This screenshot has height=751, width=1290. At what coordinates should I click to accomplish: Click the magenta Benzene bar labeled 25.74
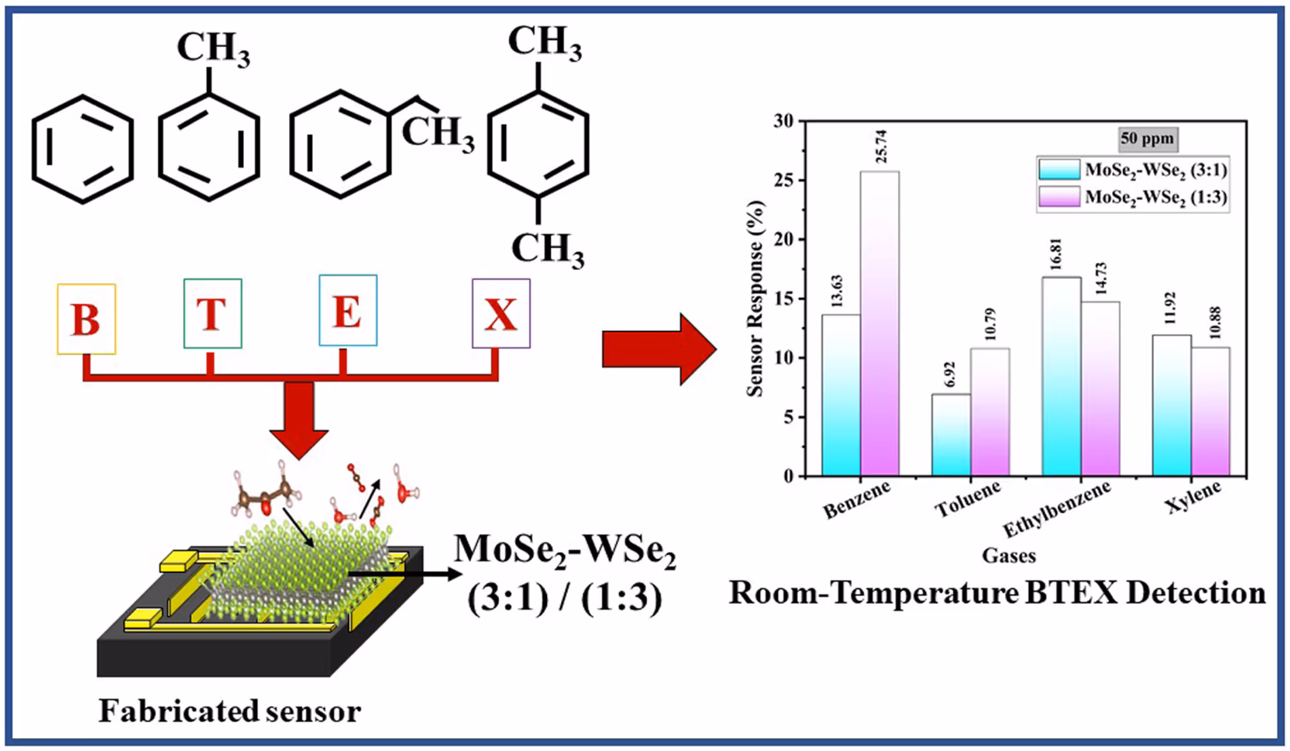click(x=879, y=322)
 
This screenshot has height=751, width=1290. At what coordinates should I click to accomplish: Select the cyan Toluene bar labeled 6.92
click(x=951, y=435)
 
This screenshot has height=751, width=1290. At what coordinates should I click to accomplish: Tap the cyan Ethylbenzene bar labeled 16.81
click(x=1061, y=377)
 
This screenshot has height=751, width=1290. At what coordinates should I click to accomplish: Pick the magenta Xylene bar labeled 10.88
click(x=1211, y=413)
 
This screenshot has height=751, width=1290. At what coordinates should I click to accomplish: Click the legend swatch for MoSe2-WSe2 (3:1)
click(x=1059, y=170)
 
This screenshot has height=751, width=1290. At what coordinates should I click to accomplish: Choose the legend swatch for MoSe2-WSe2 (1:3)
click(x=1059, y=197)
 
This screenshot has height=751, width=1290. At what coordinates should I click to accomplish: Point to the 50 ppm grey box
click(x=1147, y=139)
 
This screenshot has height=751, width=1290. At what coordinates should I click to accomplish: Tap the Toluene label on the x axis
click(x=967, y=500)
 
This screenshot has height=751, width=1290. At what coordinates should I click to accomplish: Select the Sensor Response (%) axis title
click(x=755, y=298)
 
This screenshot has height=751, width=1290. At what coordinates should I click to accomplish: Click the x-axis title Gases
click(x=1009, y=556)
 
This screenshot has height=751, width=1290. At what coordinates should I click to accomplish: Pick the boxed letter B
click(x=86, y=319)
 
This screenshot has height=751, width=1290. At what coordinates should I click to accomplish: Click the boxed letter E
click(x=348, y=311)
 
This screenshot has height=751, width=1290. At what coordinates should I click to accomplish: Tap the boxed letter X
click(x=501, y=314)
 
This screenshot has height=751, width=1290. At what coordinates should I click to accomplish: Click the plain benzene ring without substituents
click(x=83, y=150)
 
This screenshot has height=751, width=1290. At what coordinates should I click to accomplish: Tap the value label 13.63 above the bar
click(x=837, y=291)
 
